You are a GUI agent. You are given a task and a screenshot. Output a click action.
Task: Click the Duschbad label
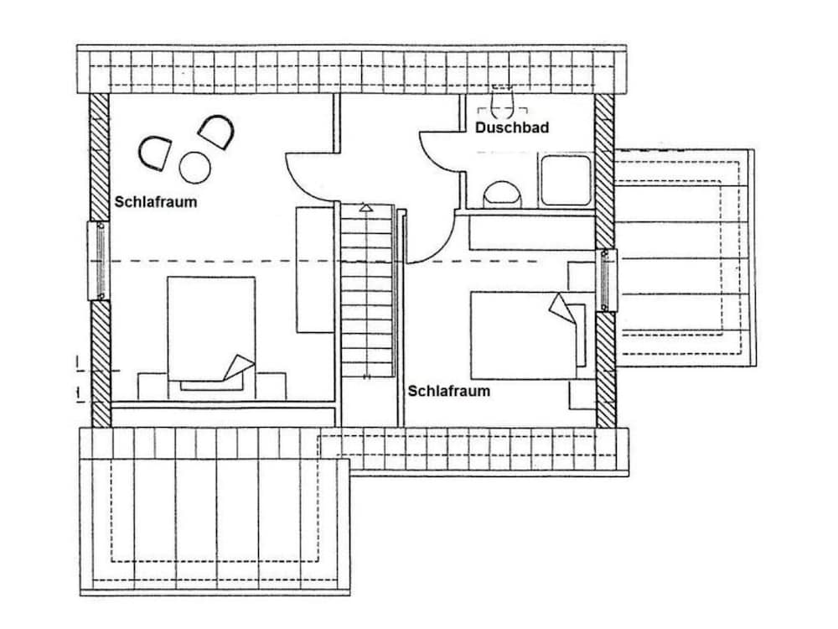[x=511, y=127]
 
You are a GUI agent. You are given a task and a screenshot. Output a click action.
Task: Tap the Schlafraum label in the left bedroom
[x=156, y=201]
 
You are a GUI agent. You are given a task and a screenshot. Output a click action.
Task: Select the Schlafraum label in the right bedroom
[x=449, y=391]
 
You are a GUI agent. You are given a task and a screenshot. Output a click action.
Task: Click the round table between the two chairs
[x=195, y=168]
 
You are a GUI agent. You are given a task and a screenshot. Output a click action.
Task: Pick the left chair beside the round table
[x=155, y=153]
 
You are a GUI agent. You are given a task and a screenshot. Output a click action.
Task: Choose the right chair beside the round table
[x=216, y=133]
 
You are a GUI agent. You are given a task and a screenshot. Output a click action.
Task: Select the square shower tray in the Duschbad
[x=566, y=180]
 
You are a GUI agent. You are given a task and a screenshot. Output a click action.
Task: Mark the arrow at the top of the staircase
[x=365, y=207]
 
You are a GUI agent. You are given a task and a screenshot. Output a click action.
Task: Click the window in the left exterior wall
[x=98, y=261]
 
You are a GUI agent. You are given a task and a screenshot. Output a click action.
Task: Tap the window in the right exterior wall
[x=606, y=280]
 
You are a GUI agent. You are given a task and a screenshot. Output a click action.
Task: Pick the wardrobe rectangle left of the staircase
[x=315, y=270]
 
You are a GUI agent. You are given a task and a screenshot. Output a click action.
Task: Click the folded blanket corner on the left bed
[x=238, y=367]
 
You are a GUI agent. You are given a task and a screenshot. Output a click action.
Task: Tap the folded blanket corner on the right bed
[x=561, y=309]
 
